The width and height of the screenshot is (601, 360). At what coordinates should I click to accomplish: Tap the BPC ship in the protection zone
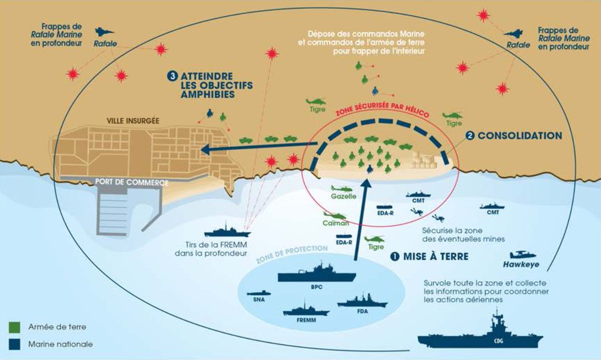pos(317,274)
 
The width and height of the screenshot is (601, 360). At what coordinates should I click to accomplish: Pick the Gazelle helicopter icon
pos(343,189)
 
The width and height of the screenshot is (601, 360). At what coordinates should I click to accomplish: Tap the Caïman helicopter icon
pos(335,216)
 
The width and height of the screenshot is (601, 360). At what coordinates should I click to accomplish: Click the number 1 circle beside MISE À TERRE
pos(394,256)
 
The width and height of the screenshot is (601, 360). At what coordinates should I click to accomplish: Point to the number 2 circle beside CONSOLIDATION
pos(470,135)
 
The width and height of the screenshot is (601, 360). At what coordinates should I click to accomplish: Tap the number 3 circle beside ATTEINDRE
pos(172,76)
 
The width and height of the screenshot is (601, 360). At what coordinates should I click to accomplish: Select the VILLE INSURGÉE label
pos(133,121)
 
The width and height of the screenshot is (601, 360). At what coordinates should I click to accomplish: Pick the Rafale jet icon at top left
pos(104,33)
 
